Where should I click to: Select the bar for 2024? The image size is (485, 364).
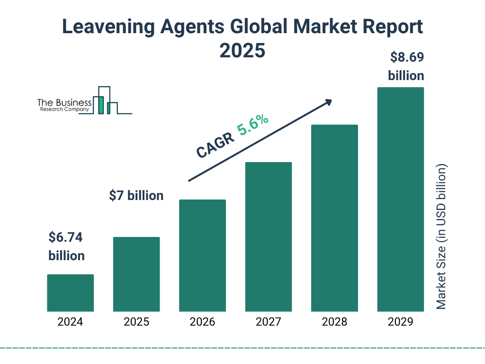click(71, 293)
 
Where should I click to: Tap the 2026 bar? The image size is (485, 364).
click(202, 255)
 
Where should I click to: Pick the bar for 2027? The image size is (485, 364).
click(268, 237)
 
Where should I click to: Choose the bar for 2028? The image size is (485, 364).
click(334, 218)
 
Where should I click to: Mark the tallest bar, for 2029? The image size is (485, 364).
click(400, 200)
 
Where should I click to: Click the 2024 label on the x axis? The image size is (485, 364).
click(71, 322)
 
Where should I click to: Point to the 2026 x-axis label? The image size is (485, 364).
click(202, 322)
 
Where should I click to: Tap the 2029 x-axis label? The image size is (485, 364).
click(400, 322)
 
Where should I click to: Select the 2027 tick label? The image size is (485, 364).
click(268, 322)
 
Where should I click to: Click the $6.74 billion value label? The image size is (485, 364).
click(66, 246)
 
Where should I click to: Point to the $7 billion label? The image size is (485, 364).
click(136, 195)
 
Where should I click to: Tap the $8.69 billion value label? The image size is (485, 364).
click(406, 66)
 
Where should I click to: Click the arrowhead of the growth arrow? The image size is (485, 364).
click(328, 102)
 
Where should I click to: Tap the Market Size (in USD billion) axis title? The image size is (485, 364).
click(441, 237)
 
